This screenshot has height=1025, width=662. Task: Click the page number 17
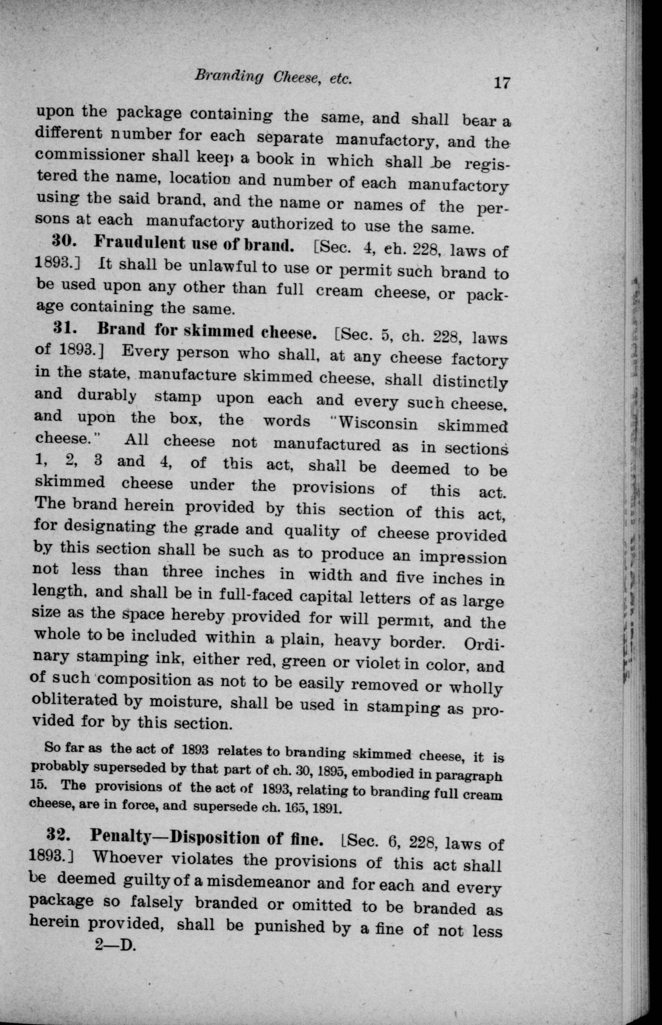point(501,82)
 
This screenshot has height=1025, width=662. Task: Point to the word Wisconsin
point(378,423)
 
